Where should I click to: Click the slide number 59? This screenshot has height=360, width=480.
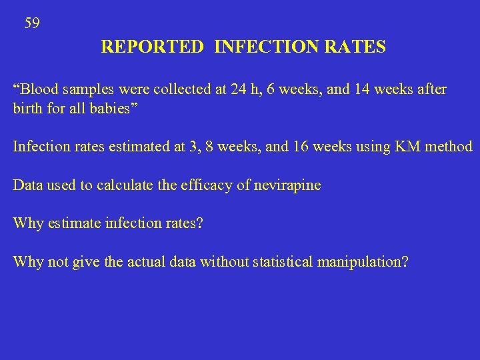pyautogui.click(x=32, y=24)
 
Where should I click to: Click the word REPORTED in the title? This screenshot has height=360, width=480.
pyautogui.click(x=152, y=47)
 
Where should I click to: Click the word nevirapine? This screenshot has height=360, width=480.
pyautogui.click(x=287, y=185)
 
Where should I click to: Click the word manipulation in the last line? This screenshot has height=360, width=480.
pyautogui.click(x=362, y=261)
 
